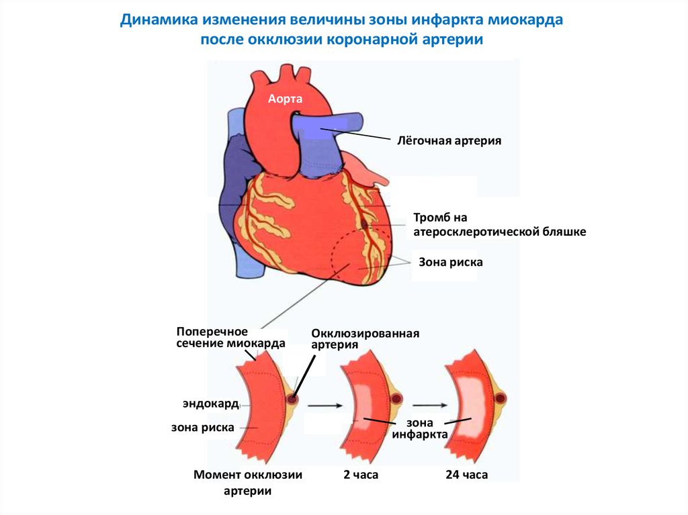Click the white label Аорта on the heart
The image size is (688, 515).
(x=285, y=99)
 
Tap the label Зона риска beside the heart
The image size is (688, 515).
(x=451, y=262)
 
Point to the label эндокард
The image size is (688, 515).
(x=210, y=404)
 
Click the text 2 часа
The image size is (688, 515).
(x=361, y=475)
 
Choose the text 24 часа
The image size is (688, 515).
(x=466, y=475)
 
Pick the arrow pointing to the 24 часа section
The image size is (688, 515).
(x=430, y=405)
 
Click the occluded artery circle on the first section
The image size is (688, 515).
(x=292, y=399)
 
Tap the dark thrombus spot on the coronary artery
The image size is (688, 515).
(x=365, y=222)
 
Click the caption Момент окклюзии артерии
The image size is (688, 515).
(x=248, y=482)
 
